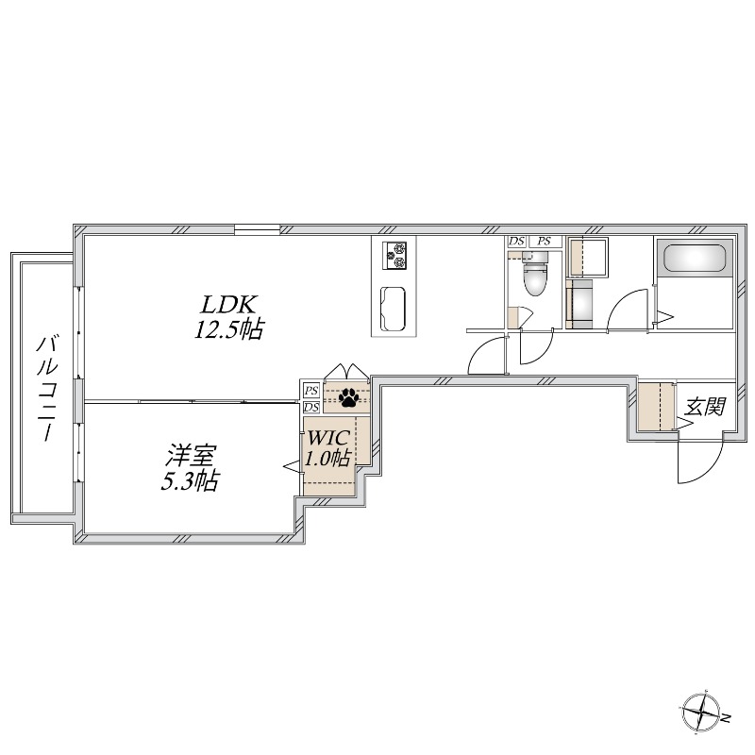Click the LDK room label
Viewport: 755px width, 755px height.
[226, 304]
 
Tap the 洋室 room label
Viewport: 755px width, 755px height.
[190, 456]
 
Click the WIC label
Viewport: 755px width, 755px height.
[327, 438]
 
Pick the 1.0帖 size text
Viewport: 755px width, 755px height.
[327, 460]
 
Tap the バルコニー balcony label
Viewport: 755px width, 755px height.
[44, 388]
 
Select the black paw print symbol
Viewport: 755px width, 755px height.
[348, 396]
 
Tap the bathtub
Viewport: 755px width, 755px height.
[695, 258]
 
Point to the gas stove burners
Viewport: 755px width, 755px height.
[394, 255]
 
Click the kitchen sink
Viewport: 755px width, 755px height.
[394, 308]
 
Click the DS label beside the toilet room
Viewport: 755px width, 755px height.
[516, 242]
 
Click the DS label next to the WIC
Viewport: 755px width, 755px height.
[310, 407]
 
